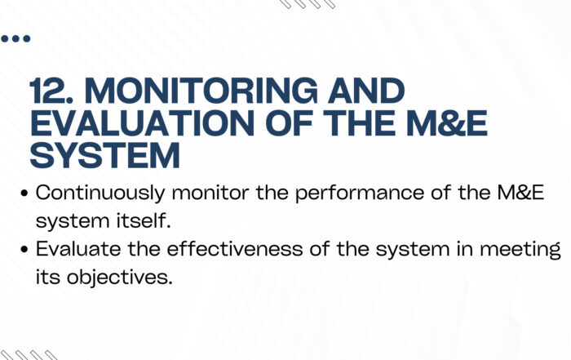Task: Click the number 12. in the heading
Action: pyautogui.click(x=51, y=91)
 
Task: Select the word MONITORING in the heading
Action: pyautogui.click(x=201, y=91)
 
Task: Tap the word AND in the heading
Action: pyautogui.click(x=366, y=91)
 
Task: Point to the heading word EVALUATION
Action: pyautogui.click(x=143, y=122)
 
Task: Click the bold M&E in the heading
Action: pyautogui.click(x=447, y=122)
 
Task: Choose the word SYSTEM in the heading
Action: pyautogui.click(x=105, y=155)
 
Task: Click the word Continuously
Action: pyautogui.click(x=100, y=193)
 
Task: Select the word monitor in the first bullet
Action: pyautogui.click(x=210, y=193)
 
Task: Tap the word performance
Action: pyautogui.click(x=360, y=193)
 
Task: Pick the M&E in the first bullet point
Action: pyautogui.click(x=520, y=193)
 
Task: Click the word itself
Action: pyautogui.click(x=144, y=220)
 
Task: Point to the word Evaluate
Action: pyautogui.click(x=78, y=249)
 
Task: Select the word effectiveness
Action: pyautogui.click(x=235, y=249)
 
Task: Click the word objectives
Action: pyautogui.click(x=119, y=278)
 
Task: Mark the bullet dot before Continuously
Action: pyautogui.click(x=24, y=193)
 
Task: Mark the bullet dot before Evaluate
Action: pyautogui.click(x=24, y=250)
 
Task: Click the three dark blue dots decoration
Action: pyautogui.click(x=15, y=38)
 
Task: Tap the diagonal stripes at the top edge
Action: pyautogui.click(x=308, y=4)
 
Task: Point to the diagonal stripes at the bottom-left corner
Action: pyautogui.click(x=29, y=355)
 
